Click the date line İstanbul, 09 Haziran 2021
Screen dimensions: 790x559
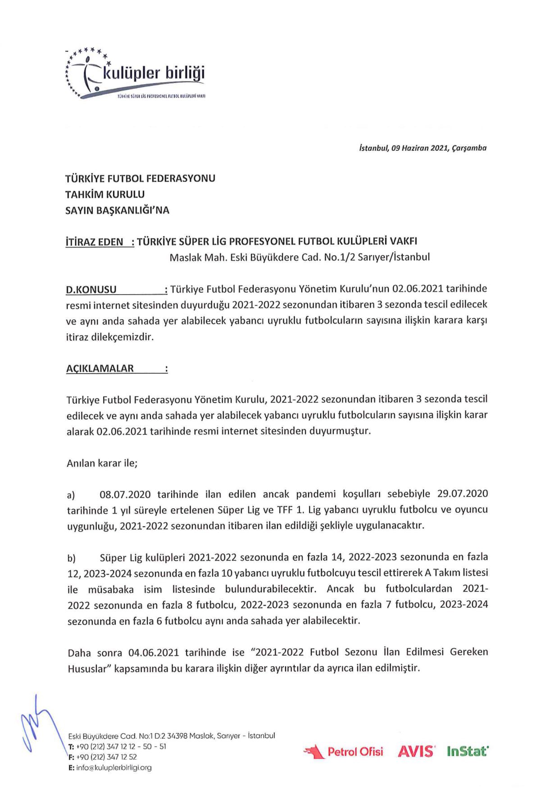tap(423, 148)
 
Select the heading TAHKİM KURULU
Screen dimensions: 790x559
tap(105, 194)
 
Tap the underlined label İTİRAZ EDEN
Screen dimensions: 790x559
tap(95, 242)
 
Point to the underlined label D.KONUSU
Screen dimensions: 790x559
tap(91, 290)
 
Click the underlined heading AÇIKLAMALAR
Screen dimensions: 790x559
tap(100, 369)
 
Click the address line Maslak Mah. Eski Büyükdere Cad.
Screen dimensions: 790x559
tap(300, 257)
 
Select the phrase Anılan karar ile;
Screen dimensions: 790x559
tap(102, 463)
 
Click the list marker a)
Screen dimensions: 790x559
tap(71, 495)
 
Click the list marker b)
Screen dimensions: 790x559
tap(71, 559)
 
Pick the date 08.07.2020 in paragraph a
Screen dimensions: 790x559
tap(125, 495)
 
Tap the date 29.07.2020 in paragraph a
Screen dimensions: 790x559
tap(463, 494)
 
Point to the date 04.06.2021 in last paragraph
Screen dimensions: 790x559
tap(154, 653)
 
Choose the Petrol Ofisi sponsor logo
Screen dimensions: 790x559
tap(343, 751)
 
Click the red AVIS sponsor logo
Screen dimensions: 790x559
tap(416, 751)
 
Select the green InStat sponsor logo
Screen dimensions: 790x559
tap(468, 751)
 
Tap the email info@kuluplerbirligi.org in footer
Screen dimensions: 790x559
tap(114, 768)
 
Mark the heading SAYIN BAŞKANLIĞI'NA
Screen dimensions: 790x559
tap(117, 211)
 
